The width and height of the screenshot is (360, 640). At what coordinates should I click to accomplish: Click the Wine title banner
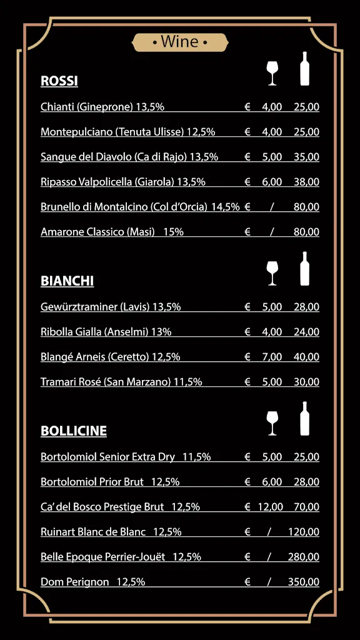(180, 42)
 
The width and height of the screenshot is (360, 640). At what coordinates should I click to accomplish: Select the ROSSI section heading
(59, 81)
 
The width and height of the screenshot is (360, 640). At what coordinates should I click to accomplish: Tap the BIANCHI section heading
(67, 281)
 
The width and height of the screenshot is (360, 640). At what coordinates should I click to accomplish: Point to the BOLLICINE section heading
(74, 431)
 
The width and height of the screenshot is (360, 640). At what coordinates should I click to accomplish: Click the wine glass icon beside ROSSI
(272, 72)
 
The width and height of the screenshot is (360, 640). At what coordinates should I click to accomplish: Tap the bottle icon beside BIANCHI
(304, 269)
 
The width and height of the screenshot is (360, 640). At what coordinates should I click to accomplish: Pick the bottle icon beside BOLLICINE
(304, 419)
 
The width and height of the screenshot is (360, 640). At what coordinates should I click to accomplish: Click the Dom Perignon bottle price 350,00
(303, 582)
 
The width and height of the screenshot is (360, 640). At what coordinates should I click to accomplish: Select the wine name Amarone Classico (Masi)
(97, 232)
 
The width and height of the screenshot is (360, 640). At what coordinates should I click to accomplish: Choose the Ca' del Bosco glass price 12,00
(270, 507)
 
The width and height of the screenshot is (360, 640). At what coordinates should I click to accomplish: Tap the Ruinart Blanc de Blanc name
(93, 532)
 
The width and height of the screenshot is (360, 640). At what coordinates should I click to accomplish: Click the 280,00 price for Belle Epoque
(303, 557)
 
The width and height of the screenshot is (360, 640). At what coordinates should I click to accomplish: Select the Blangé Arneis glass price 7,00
(272, 357)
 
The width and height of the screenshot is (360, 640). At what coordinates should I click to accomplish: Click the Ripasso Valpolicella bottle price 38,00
(306, 182)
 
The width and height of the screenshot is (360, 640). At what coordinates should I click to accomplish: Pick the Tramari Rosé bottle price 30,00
(306, 382)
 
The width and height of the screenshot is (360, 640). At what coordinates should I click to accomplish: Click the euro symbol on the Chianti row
(247, 107)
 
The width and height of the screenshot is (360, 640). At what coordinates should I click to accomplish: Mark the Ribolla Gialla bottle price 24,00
(306, 332)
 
